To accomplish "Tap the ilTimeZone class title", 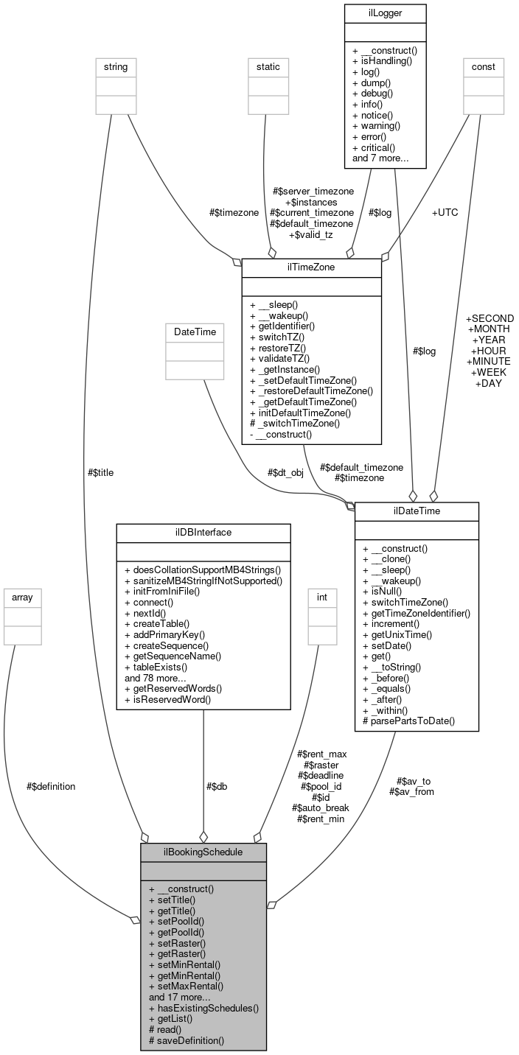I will (x=311, y=267).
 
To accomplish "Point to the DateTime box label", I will (x=195, y=332).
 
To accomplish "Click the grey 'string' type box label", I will (x=116, y=67).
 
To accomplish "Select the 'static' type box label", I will (x=268, y=67).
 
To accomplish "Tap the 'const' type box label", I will (x=484, y=67).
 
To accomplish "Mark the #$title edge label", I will (x=100, y=472).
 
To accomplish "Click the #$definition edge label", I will (x=50, y=786).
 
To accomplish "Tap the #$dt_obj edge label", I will (x=285, y=472).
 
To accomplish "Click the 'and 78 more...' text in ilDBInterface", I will (x=156, y=677).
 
